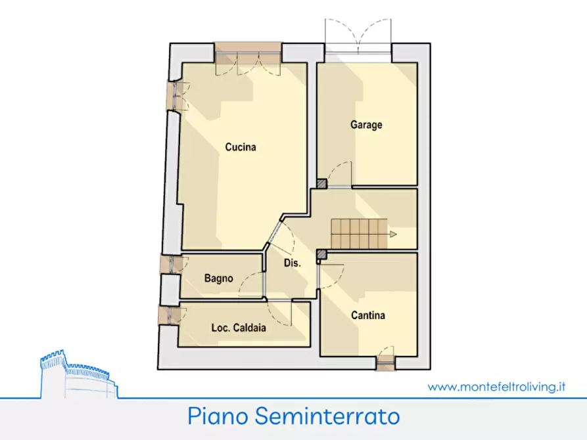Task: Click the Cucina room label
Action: [x=240, y=147]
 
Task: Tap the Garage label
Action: [x=366, y=125]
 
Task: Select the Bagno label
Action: [x=218, y=278]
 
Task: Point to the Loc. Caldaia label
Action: [x=239, y=328]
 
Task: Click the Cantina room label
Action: [x=367, y=315]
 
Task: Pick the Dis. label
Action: [x=292, y=263]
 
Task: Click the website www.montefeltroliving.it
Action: [x=497, y=387]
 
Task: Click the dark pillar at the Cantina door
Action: [x=321, y=254]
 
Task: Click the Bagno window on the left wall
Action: [x=170, y=264]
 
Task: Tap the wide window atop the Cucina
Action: [x=248, y=52]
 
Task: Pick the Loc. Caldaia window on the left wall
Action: [x=168, y=314]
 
